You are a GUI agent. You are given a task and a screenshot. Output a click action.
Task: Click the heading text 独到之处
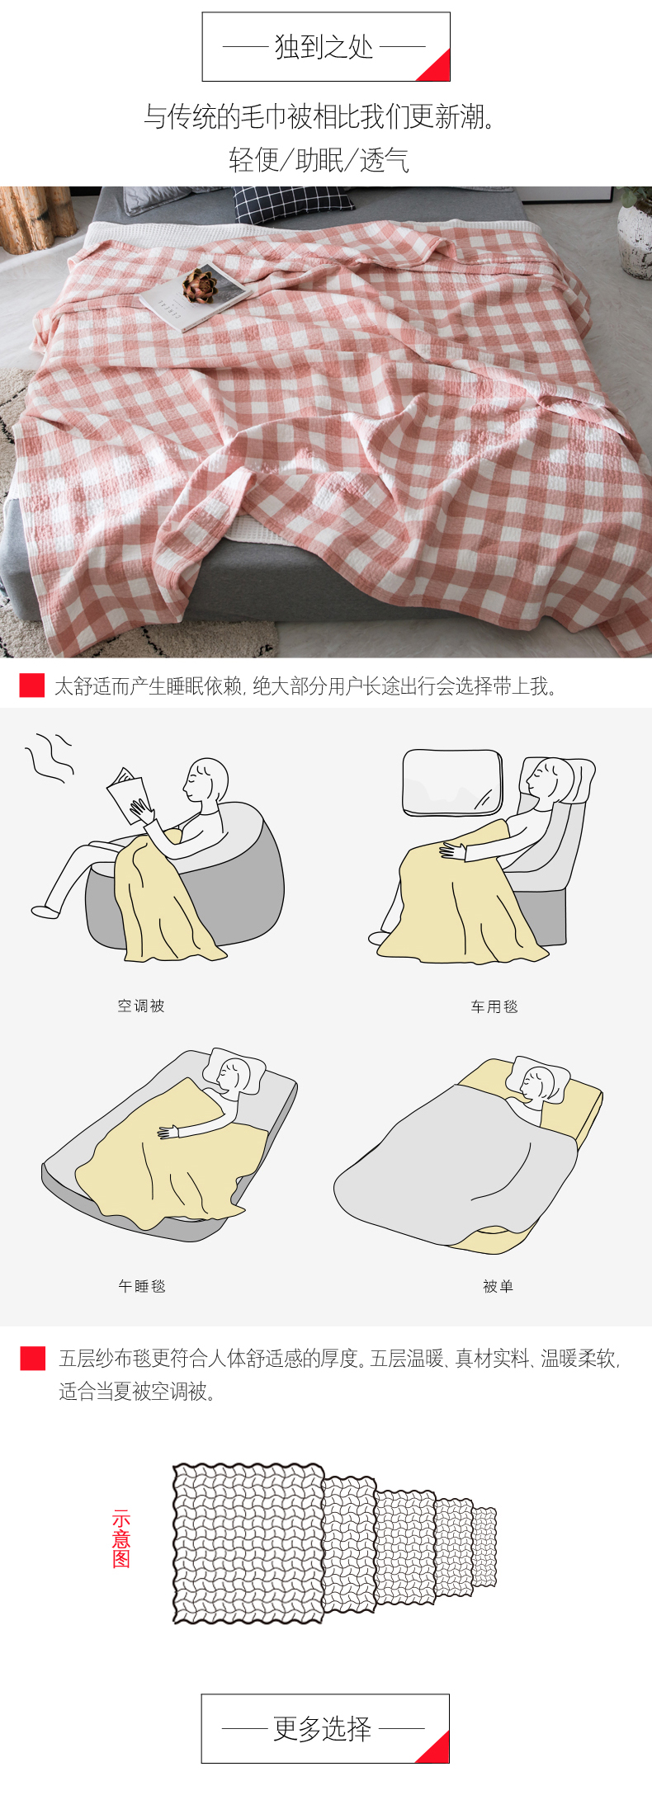pyautogui.click(x=324, y=47)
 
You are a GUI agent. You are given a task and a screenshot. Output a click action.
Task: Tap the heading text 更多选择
pyautogui.click(x=323, y=1729)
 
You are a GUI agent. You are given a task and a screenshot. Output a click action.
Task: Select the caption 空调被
pyautogui.click(x=141, y=1006)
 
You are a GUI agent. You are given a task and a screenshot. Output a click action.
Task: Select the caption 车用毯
pyautogui.click(x=494, y=1006)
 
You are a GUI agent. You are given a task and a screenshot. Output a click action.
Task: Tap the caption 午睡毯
pyautogui.click(x=142, y=1286)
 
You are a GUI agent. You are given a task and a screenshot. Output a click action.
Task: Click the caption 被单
pyautogui.click(x=498, y=1286)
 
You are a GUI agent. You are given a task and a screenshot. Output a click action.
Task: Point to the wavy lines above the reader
pyautogui.click(x=50, y=756)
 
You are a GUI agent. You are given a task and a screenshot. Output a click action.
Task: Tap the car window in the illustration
pyautogui.click(x=451, y=783)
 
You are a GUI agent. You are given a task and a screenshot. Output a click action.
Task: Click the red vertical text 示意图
pyautogui.click(x=121, y=1538)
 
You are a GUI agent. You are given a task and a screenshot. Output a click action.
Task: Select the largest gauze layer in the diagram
pyautogui.click(x=248, y=1543)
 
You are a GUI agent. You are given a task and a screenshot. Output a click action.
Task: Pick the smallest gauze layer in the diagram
pyautogui.click(x=484, y=1547)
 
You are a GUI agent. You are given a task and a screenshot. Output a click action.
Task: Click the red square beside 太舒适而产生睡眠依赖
pyautogui.click(x=32, y=685)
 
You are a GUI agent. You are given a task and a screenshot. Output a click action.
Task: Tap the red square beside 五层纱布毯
pyautogui.click(x=33, y=1359)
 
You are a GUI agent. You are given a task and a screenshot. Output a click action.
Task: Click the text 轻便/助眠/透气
pyautogui.click(x=319, y=160)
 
